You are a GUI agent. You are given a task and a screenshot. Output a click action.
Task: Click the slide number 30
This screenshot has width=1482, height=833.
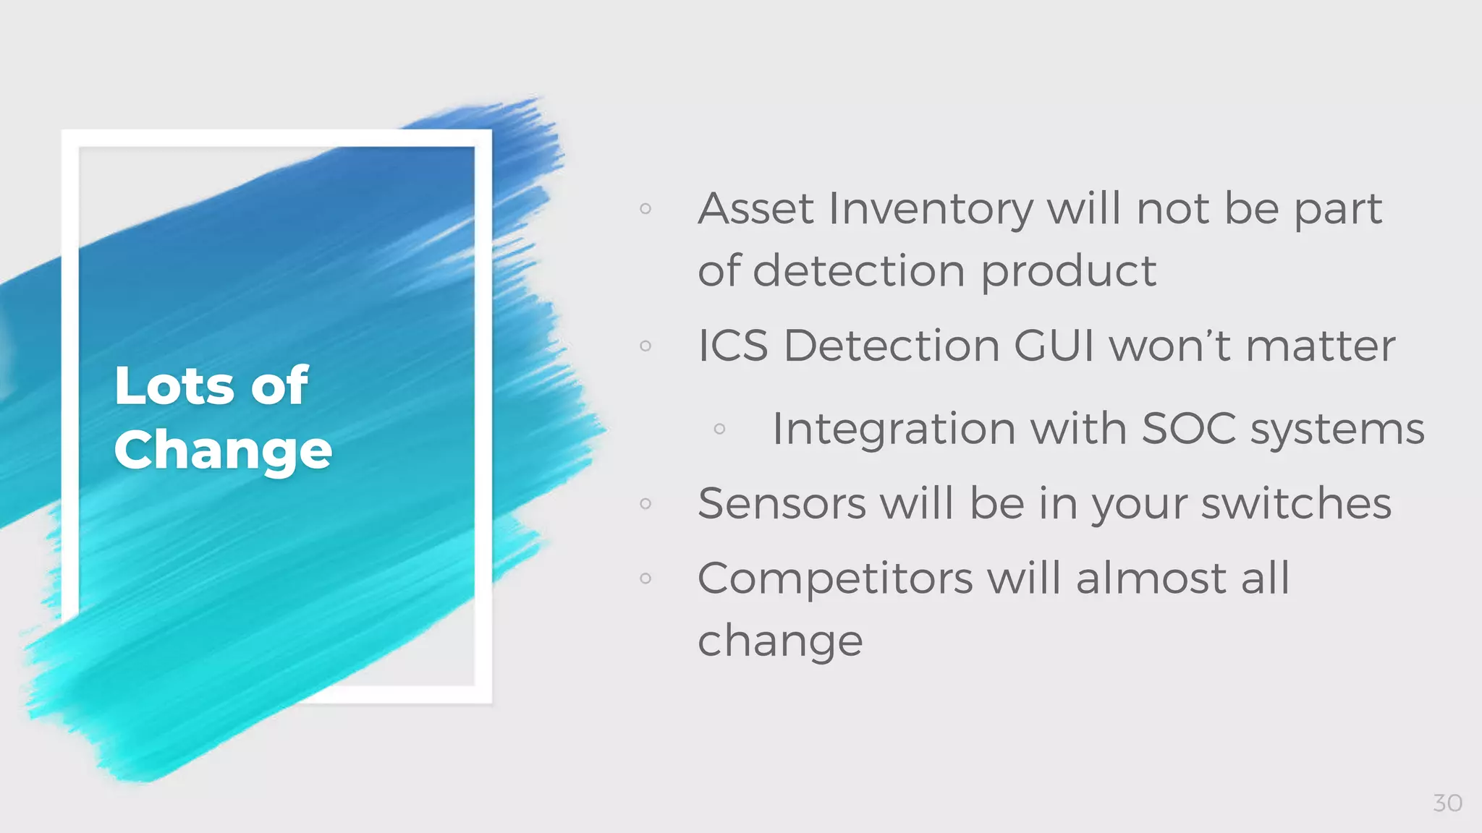[1447, 803]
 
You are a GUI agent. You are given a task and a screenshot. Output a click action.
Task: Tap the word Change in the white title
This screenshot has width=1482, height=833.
[223, 450]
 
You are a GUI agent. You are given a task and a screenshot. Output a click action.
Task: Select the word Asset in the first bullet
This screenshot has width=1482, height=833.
[755, 209]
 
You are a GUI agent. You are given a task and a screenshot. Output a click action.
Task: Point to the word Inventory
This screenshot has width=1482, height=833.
[931, 210]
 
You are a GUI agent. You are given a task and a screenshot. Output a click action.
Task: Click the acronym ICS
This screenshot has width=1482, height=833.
[732, 346]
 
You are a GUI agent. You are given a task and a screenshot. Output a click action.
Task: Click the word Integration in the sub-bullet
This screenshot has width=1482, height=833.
[894, 430]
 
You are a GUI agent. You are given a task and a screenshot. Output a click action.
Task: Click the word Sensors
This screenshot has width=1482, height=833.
[782, 503]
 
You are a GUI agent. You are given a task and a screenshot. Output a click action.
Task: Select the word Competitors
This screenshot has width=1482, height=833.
[835, 579]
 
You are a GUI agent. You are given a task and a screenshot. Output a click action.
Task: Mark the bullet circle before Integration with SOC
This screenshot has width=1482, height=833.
[719, 429]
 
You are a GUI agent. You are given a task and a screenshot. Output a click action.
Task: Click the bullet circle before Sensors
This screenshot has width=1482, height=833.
[645, 503]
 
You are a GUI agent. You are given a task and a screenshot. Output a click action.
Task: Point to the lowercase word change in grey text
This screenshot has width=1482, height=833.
[780, 641]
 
